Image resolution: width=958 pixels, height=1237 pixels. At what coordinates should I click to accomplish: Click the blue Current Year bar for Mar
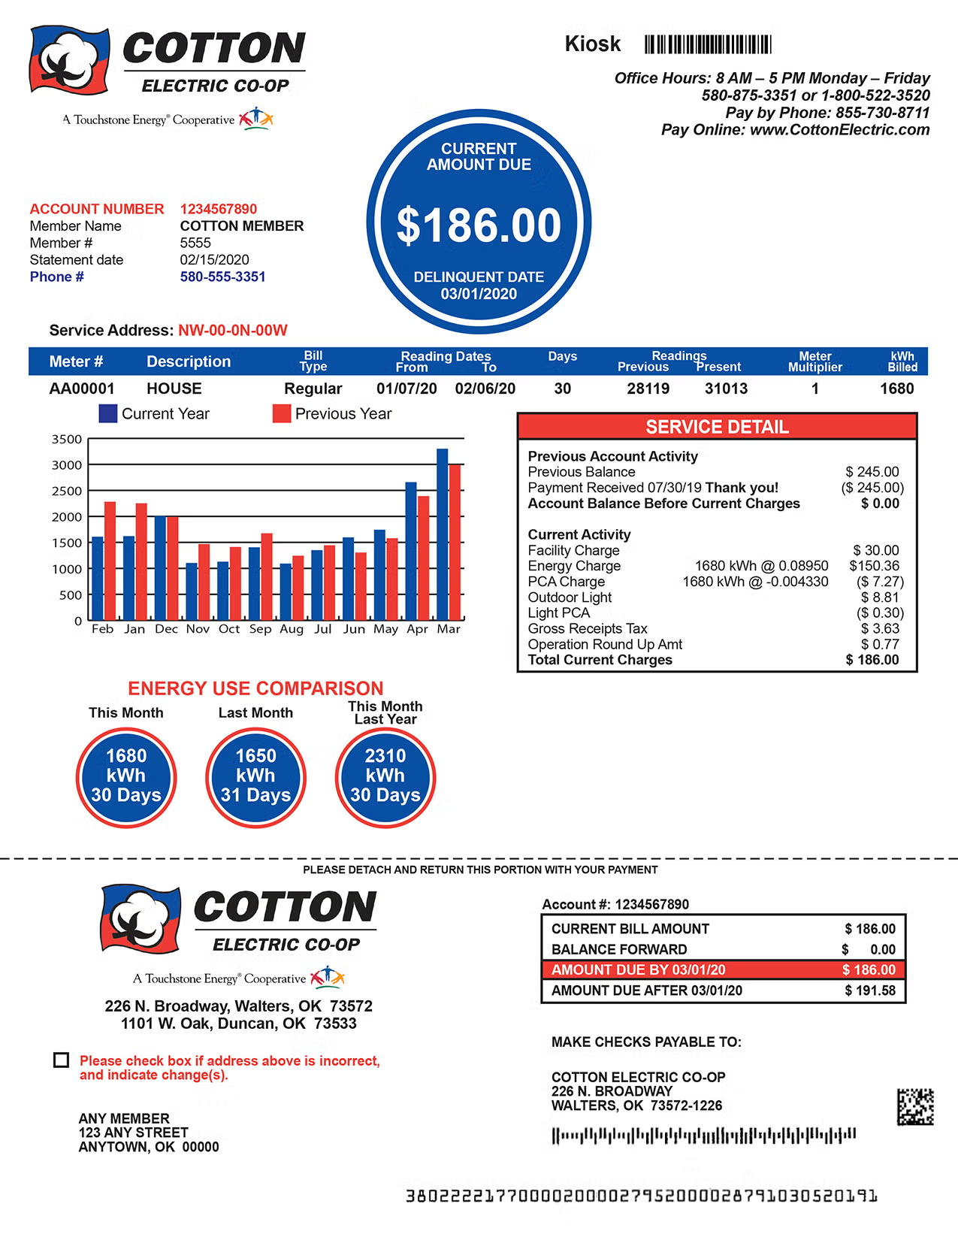point(442,534)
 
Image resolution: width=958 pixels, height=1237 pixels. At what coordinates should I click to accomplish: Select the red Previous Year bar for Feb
point(110,561)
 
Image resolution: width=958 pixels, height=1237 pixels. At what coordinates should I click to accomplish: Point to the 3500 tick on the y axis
point(67,439)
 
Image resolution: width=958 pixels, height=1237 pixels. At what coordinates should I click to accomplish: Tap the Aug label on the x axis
point(292,629)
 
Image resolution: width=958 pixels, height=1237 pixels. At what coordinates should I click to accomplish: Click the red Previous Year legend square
point(282,414)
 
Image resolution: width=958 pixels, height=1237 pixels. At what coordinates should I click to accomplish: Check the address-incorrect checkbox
point(62,1060)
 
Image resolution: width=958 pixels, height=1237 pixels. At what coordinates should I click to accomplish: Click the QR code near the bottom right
point(915,1106)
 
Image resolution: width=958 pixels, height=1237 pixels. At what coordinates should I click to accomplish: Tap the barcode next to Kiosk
point(708,44)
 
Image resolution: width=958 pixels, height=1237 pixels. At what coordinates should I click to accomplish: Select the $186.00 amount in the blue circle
point(479,225)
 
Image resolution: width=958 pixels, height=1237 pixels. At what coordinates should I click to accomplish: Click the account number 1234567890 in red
point(219,209)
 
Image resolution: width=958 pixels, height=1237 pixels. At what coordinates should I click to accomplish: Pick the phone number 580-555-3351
point(222,277)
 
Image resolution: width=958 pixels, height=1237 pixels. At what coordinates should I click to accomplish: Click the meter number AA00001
point(82,389)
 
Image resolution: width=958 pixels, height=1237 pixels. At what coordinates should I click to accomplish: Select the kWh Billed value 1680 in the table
point(896,389)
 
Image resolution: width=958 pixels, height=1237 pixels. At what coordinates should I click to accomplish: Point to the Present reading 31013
point(726,389)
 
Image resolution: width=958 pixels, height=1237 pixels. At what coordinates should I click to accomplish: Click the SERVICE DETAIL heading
point(717,427)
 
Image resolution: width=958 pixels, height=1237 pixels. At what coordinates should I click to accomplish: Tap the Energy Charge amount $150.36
point(874,566)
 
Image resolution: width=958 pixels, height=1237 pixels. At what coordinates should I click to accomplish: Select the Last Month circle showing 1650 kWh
point(255,776)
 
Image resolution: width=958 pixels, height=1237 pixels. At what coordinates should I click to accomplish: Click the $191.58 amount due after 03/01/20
point(870,991)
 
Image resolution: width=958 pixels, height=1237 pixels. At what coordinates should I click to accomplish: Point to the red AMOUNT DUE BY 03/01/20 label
point(639,970)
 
